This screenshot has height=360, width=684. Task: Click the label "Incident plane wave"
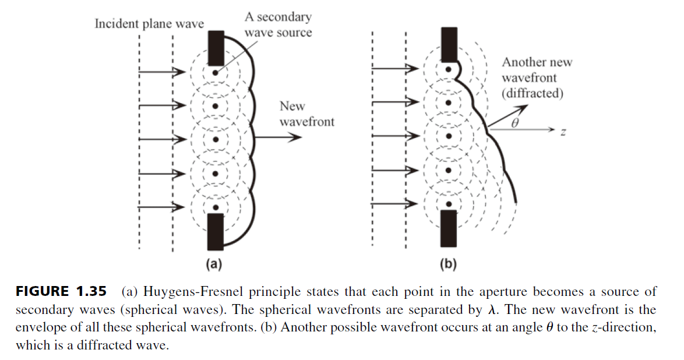pyautogui.click(x=149, y=23)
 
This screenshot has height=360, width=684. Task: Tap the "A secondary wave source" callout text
pyautogui.click(x=278, y=24)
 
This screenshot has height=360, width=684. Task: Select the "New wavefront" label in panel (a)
pyautogui.click(x=306, y=114)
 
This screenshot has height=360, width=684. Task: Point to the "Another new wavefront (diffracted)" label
pyautogui.click(x=537, y=77)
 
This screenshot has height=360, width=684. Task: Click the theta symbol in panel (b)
pyautogui.click(x=514, y=123)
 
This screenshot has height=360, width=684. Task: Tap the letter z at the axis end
pyautogui.click(x=563, y=132)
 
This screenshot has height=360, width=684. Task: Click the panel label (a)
pyautogui.click(x=214, y=263)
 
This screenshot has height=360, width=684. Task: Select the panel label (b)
pyautogui.click(x=448, y=263)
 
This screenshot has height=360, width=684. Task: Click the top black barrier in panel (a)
pyautogui.click(x=216, y=48)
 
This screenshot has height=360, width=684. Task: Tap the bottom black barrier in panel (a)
pyautogui.click(x=216, y=231)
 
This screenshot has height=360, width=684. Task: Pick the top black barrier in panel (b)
pyautogui.click(x=449, y=44)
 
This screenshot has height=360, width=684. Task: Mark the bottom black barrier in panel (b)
pyautogui.click(x=449, y=228)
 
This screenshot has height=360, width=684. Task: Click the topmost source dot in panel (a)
pyautogui.click(x=215, y=72)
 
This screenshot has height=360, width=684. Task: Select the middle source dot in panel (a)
pyautogui.click(x=215, y=140)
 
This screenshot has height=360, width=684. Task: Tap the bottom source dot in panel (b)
pyautogui.click(x=449, y=204)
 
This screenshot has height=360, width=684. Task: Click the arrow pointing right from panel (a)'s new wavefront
pyautogui.click(x=277, y=137)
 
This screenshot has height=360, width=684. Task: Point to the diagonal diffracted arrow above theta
pyautogui.click(x=508, y=116)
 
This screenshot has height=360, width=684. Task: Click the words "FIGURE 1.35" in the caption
pyautogui.click(x=61, y=291)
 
